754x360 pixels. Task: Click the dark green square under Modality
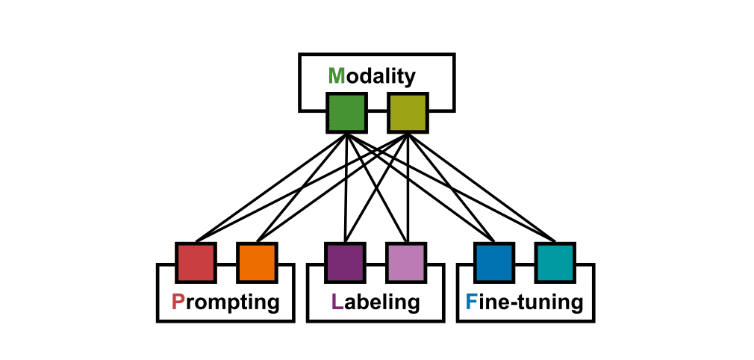(x=346, y=113)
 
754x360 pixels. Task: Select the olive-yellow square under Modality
(x=407, y=113)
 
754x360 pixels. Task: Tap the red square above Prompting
(x=196, y=263)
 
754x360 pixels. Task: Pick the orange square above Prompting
(x=257, y=263)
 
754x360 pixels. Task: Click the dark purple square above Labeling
(x=345, y=263)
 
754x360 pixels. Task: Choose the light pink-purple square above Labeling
(x=406, y=263)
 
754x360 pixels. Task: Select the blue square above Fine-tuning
(x=493, y=263)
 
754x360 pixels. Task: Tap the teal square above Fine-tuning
(x=555, y=263)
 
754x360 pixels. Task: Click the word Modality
(x=371, y=75)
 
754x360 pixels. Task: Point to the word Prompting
(x=225, y=302)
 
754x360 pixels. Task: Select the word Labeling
(x=375, y=302)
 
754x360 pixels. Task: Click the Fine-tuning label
(x=524, y=302)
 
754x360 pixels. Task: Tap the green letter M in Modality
(x=336, y=75)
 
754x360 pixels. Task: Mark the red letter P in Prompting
(x=178, y=302)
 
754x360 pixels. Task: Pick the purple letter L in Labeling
(x=337, y=302)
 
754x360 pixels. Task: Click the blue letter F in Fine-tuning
(x=471, y=302)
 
